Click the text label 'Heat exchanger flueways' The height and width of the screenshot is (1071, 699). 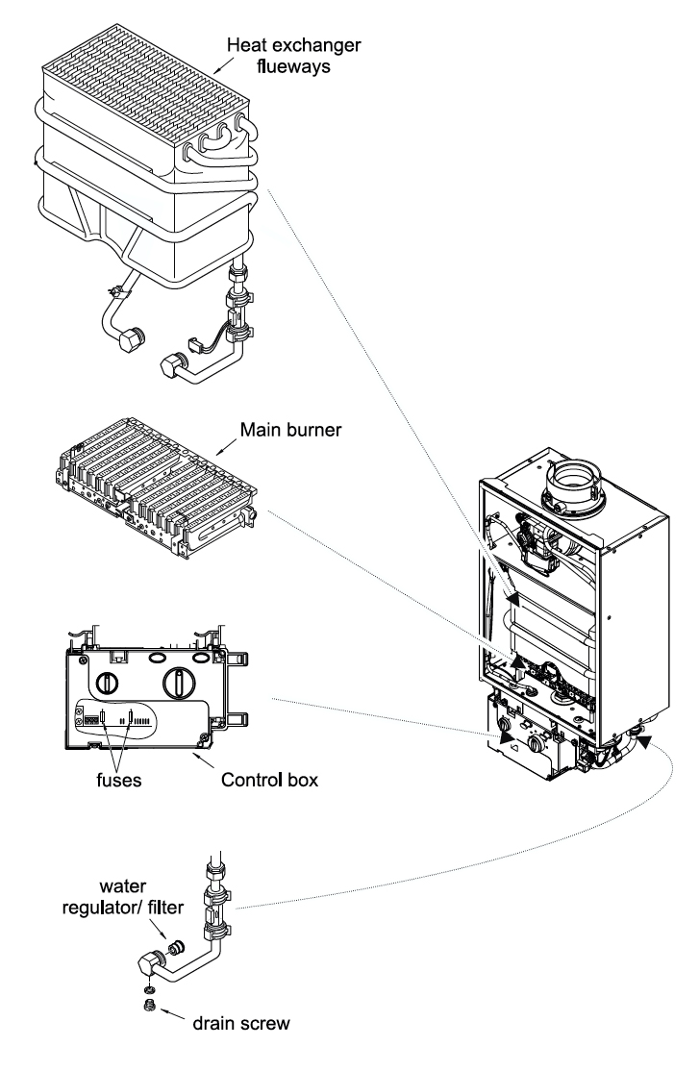click(279, 56)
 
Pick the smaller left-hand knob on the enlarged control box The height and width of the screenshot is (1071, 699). click(109, 684)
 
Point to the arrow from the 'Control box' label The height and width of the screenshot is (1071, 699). click(212, 760)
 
